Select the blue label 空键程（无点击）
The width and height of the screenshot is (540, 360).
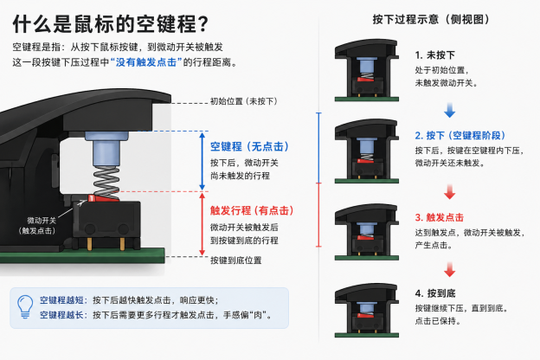(249, 146)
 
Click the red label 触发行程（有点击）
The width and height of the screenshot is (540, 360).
(252, 210)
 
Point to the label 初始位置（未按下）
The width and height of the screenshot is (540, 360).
(243, 101)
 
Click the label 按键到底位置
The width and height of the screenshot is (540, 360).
(236, 260)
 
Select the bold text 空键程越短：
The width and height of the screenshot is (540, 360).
(63, 299)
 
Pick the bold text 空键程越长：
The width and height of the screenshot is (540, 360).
(63, 315)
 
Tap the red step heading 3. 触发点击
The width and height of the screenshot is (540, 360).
(439, 217)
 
